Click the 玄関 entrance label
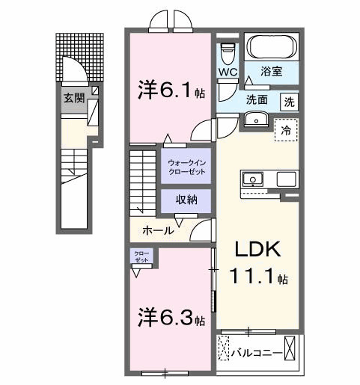tap(73, 97)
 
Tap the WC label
tap(228, 73)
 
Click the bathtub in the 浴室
tap(272, 49)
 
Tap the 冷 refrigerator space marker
tap(285, 129)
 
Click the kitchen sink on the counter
tap(253, 179)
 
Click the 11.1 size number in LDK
tap(254, 277)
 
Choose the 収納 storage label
tap(186, 199)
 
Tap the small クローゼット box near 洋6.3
tap(141, 256)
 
